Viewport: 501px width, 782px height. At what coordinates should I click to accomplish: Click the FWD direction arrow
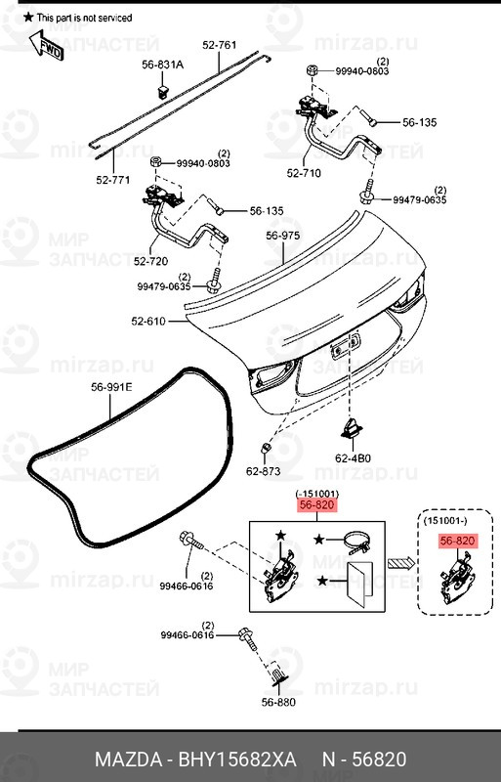(x=46, y=46)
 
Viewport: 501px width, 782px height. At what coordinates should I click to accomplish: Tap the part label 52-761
(x=220, y=45)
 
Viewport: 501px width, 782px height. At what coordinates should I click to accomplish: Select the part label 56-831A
(x=162, y=65)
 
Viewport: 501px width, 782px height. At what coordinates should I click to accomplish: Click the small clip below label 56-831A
(x=162, y=90)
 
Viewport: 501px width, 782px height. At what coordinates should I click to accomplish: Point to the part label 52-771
(x=113, y=180)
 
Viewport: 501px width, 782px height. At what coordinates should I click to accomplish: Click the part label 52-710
(x=304, y=173)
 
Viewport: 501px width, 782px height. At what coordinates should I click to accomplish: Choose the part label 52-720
(x=150, y=261)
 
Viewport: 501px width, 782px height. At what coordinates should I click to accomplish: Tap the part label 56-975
(x=282, y=236)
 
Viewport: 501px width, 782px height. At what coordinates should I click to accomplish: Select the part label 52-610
(x=148, y=322)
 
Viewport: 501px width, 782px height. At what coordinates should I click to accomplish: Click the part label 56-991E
(x=111, y=386)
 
